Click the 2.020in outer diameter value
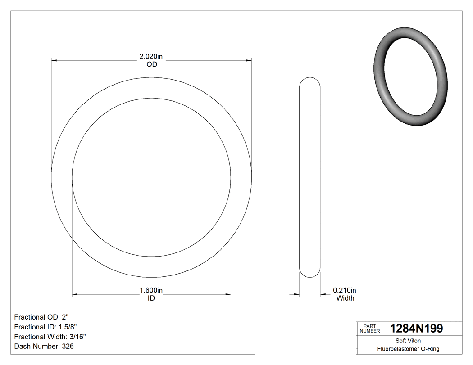pos(151,57)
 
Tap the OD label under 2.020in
pos(152,64)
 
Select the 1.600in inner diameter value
pos(151,291)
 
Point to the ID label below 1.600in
pos(151,298)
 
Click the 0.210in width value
pos(345,290)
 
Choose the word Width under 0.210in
pos(346,298)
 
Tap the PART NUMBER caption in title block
pos(370,329)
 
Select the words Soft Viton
pos(408,341)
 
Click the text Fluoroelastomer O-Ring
pos(408,349)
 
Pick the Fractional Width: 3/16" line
pos(50,337)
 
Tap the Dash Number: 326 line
pos(44,347)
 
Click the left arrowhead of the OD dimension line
pos(55,60)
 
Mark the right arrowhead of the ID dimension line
pos(228,295)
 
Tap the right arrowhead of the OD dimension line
pos(248,60)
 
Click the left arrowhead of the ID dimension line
pos(75,295)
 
